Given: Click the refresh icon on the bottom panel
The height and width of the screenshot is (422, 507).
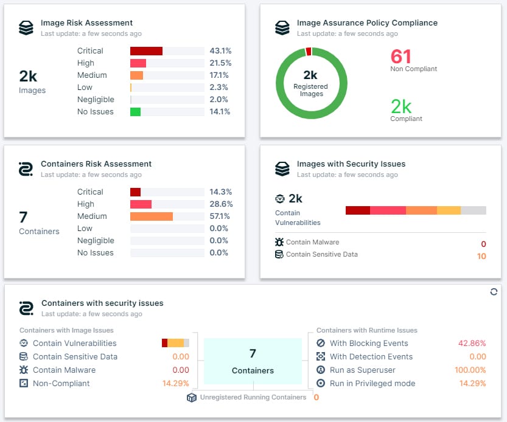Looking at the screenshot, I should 494,292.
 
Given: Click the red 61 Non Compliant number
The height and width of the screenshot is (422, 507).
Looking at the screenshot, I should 401,57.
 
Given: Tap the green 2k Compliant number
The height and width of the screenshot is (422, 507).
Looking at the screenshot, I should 401,106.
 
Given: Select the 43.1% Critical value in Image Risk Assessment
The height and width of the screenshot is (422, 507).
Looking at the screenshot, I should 219,51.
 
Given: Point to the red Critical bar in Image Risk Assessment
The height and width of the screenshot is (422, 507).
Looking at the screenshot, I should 146,51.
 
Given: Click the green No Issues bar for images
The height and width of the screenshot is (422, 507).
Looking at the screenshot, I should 135,112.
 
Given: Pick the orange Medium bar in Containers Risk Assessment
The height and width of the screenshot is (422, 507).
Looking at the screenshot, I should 152,216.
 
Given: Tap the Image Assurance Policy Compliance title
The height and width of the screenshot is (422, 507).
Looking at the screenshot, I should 366,23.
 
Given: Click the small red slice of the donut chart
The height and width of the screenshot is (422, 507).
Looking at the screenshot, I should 309,52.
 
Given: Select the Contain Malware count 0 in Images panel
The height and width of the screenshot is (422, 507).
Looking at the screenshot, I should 483,244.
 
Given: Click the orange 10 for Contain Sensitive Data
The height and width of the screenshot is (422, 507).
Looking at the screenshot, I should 481,256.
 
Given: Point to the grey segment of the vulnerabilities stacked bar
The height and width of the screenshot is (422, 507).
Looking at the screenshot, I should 474,210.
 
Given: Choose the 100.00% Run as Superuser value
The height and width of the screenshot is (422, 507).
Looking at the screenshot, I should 470,370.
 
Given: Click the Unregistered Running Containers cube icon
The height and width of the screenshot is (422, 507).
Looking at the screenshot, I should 192,397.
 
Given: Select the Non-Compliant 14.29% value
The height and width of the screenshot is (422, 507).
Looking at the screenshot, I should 175,384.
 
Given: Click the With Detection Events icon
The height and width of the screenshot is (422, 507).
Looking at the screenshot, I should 321,357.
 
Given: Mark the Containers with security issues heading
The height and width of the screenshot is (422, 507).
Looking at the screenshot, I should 102,303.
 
